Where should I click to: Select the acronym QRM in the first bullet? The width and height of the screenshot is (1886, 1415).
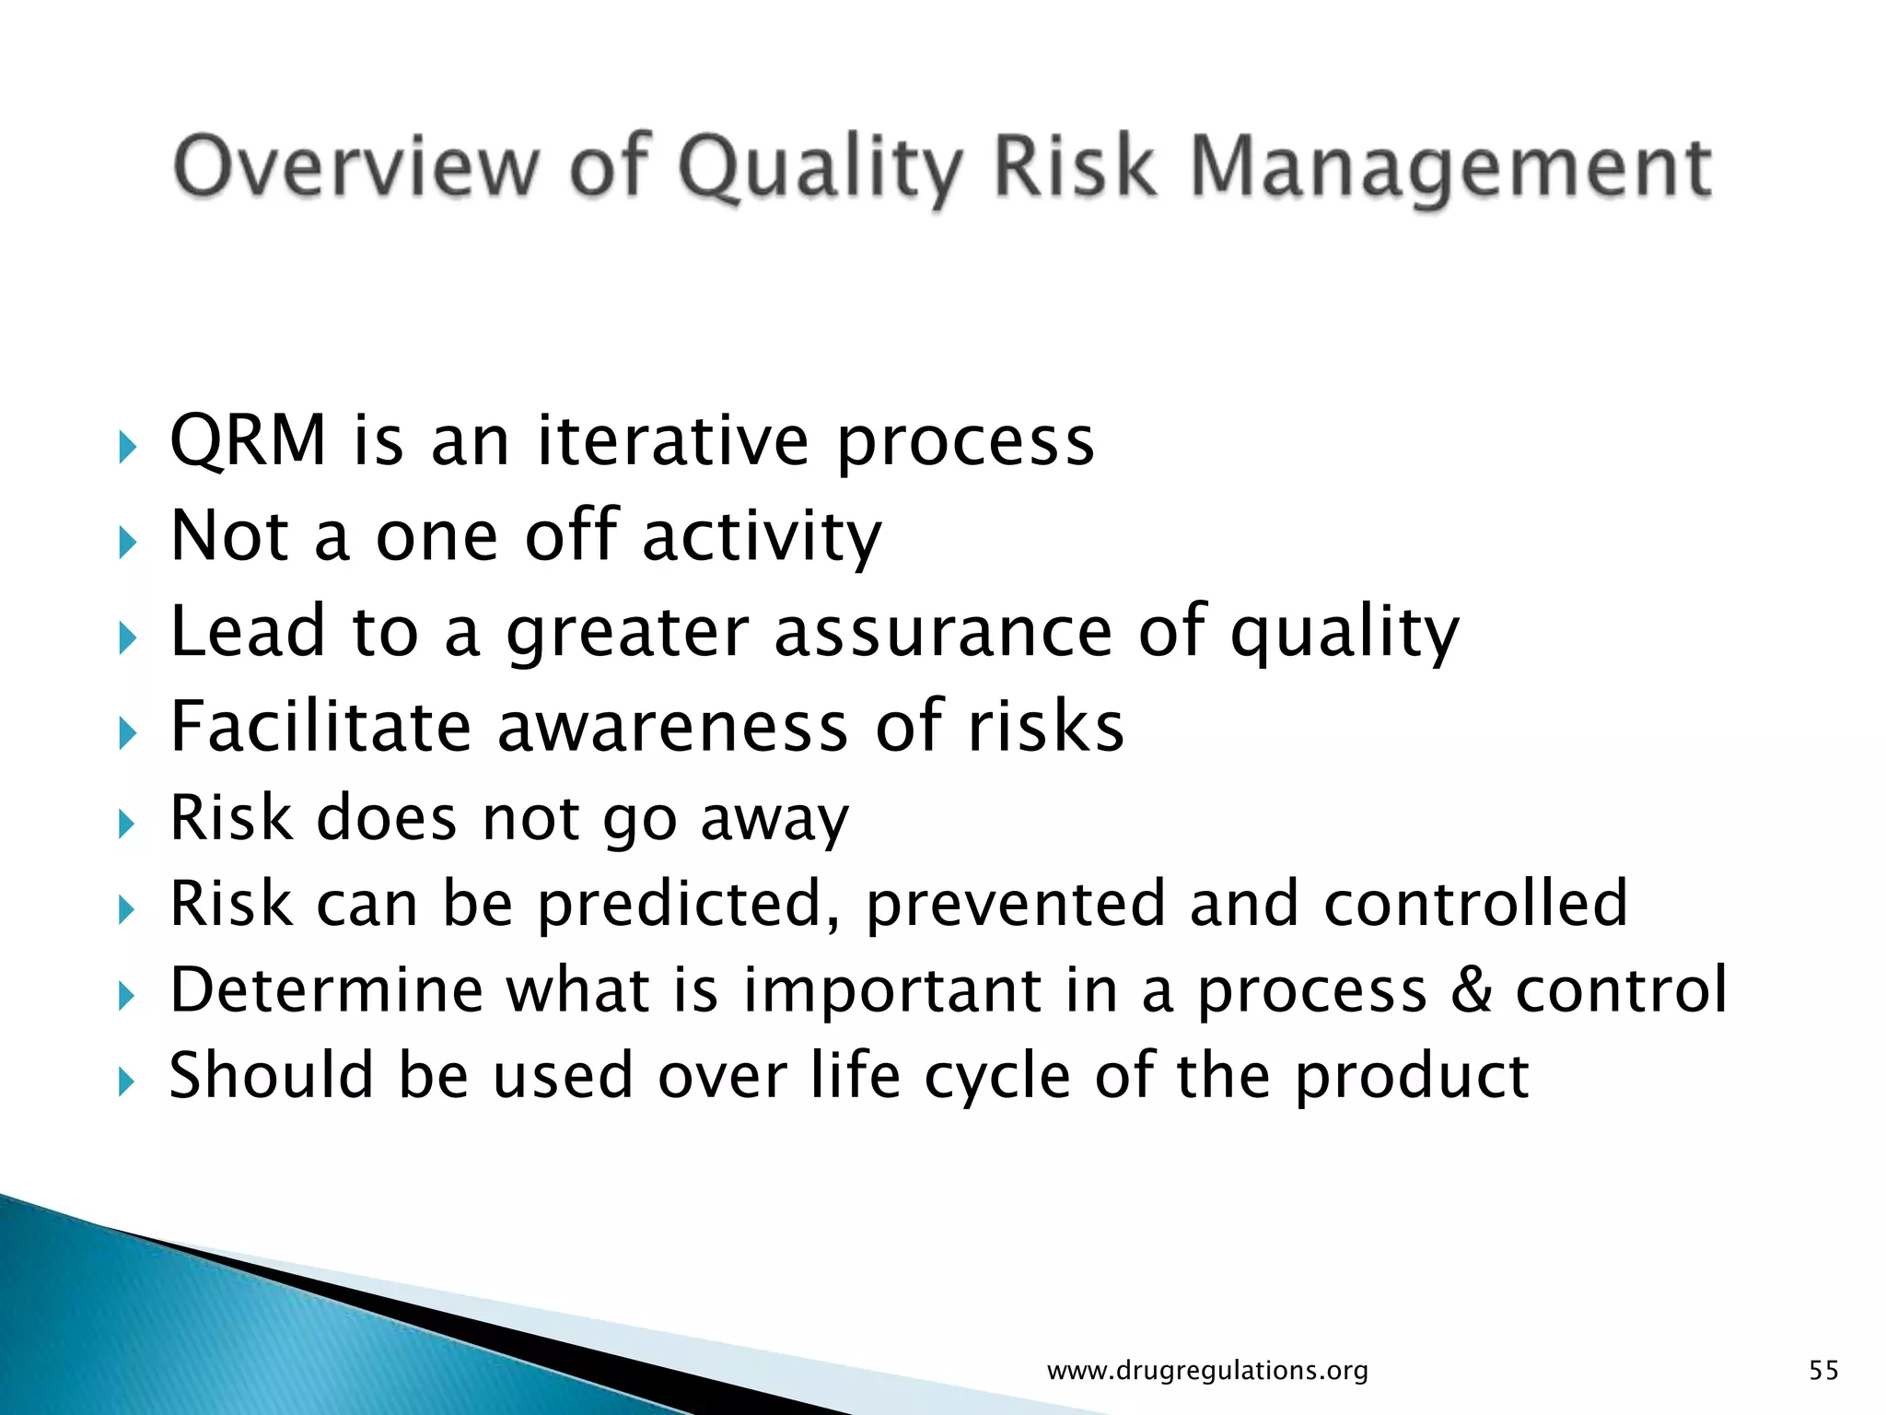point(249,440)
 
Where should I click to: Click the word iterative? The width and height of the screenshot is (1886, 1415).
point(673,440)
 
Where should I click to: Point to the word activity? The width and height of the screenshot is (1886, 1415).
point(762,536)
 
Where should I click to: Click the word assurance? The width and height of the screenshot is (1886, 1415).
point(943,631)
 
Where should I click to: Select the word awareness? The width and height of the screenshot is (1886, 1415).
point(672,726)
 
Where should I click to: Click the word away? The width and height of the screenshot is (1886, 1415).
point(774,819)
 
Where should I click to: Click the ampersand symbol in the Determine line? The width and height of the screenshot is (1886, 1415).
point(1471,989)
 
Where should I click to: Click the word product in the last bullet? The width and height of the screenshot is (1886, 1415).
point(1412,1076)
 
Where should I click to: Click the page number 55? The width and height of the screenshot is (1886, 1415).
point(1823,1371)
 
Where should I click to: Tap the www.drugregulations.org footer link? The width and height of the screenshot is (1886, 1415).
point(1207,1371)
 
